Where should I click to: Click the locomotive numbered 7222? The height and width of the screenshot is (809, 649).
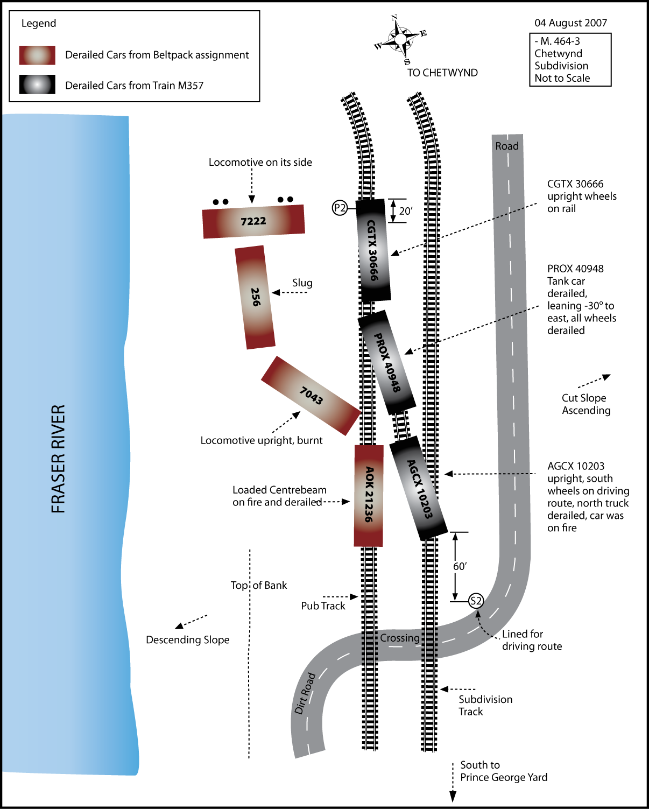tap(253, 221)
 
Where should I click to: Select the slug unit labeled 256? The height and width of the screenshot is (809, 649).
tap(255, 297)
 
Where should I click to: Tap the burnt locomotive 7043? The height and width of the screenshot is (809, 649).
tap(311, 396)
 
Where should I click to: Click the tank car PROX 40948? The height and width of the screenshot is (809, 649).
tap(387, 362)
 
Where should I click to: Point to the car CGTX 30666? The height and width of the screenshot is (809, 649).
tap(372, 250)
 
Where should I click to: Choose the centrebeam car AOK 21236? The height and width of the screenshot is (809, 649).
tap(369, 495)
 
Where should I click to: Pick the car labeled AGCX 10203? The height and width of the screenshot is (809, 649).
tap(419, 488)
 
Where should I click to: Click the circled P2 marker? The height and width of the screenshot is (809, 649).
tap(340, 208)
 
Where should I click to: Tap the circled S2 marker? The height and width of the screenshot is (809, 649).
tap(476, 601)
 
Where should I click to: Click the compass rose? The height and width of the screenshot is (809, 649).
tap(400, 39)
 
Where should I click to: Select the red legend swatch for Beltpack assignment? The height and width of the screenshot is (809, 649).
tap(37, 55)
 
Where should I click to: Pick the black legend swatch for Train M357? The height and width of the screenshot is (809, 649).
tap(37, 85)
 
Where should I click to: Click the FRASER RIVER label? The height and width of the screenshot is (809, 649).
tap(58, 459)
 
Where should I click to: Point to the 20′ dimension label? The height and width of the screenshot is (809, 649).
tap(406, 211)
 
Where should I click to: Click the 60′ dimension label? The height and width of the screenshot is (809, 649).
tap(460, 566)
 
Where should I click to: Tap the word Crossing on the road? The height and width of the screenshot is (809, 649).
tap(400, 638)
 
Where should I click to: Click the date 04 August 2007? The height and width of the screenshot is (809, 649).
tap(570, 23)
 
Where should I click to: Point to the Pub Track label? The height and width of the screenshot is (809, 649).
tap(323, 606)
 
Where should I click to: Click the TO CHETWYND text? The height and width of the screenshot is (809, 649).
tap(442, 73)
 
